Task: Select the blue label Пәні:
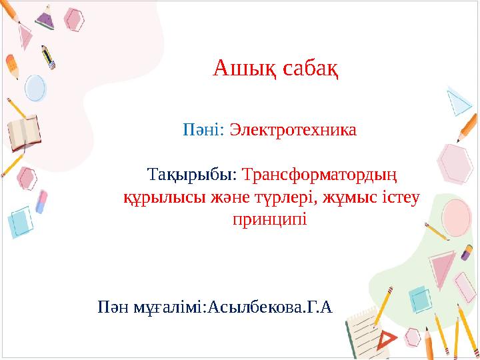coord(205,129)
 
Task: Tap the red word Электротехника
coord(293,129)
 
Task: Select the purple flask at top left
coord(45,17)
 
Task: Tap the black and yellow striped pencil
coord(47,57)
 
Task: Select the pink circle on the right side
coord(457,215)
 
